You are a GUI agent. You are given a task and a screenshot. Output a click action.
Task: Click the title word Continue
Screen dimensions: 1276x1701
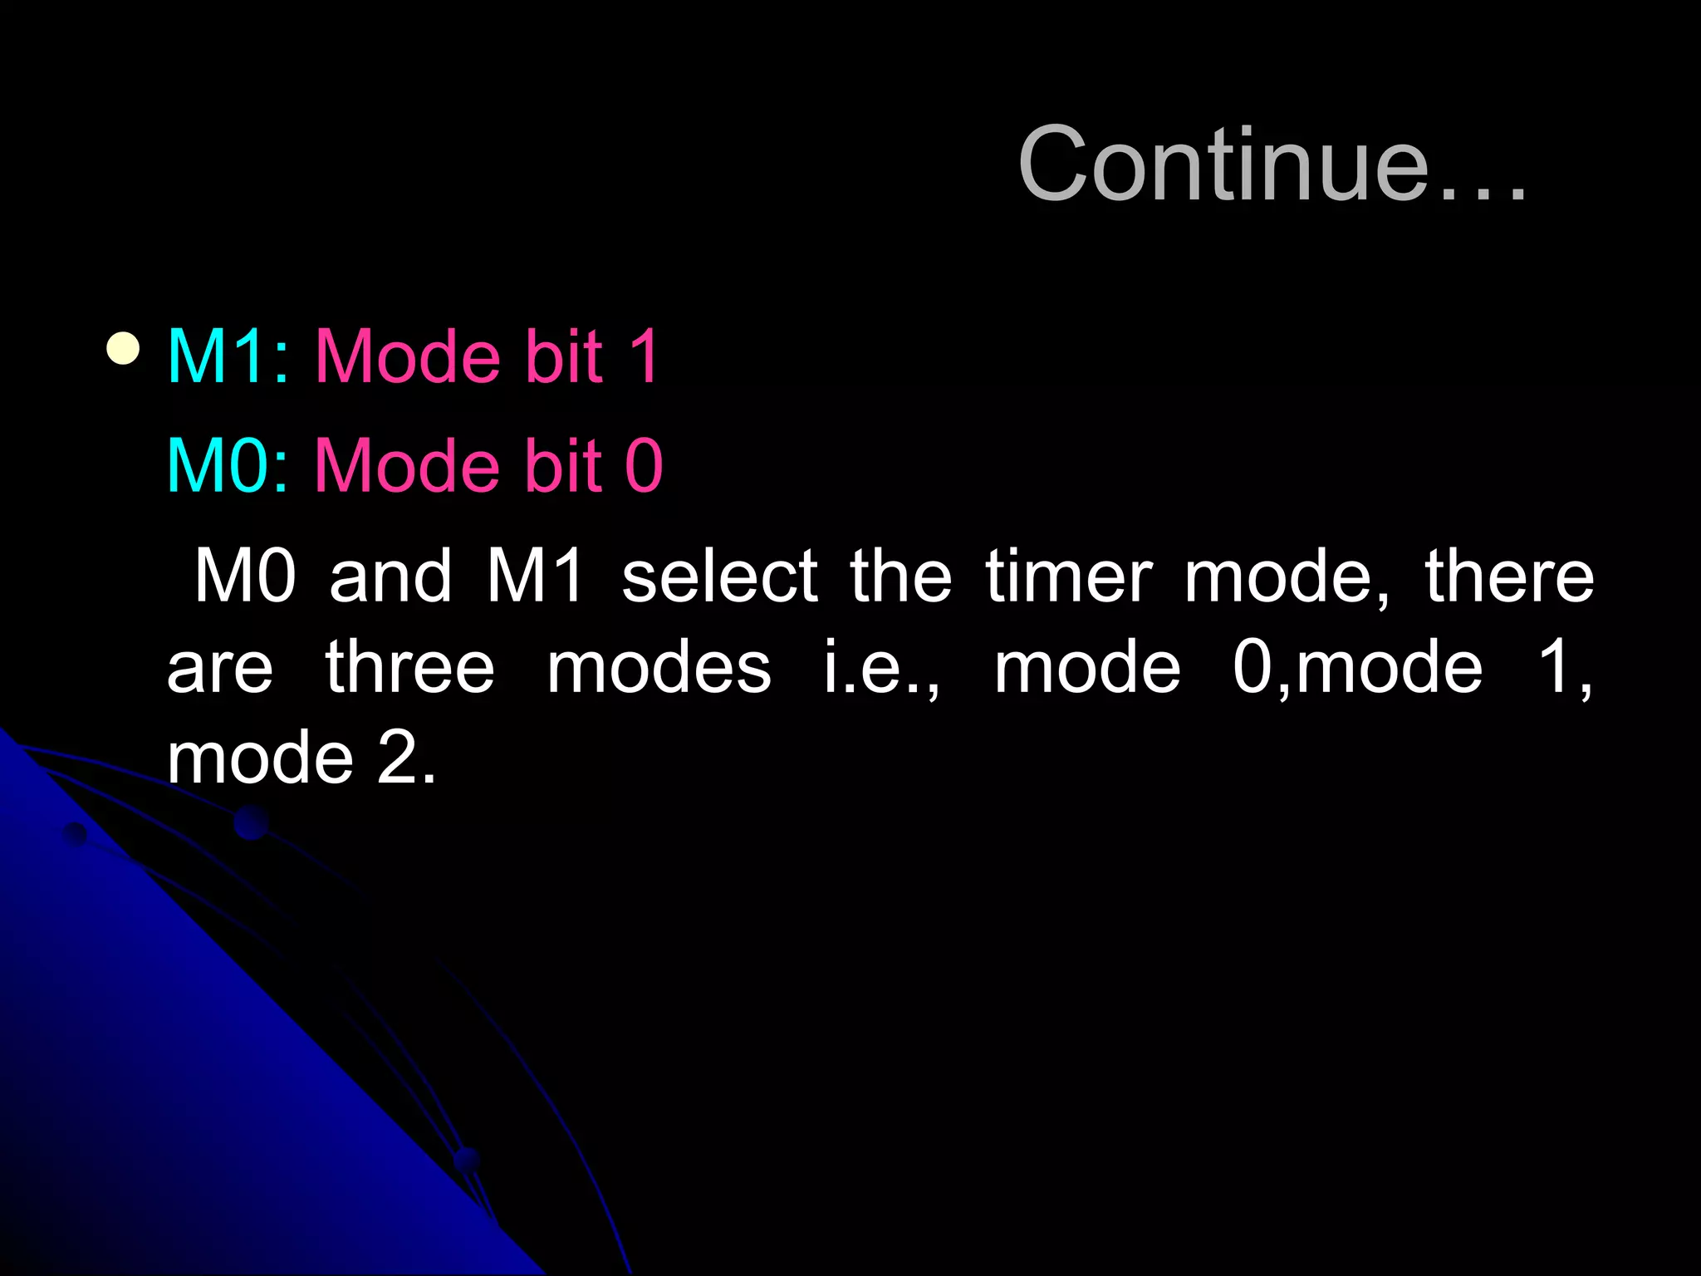coord(1271,164)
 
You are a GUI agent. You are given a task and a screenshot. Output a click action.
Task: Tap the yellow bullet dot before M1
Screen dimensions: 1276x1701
coord(123,350)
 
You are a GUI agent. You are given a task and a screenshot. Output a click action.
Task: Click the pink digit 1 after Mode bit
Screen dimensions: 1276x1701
coord(644,356)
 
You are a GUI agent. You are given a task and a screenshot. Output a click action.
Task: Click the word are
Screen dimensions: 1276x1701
coord(220,669)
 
